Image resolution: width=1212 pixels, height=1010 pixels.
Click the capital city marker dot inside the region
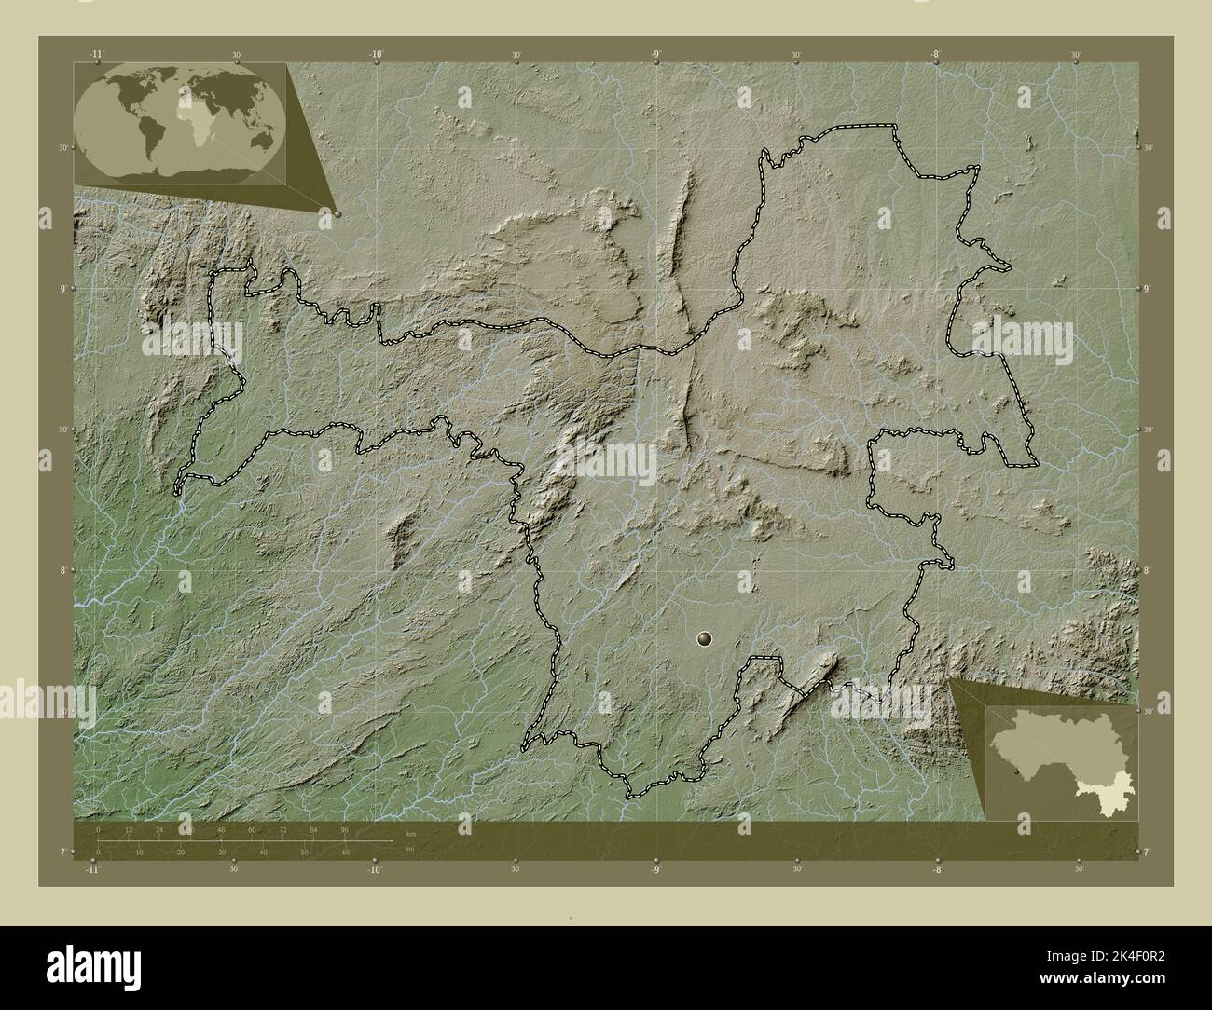point(704,638)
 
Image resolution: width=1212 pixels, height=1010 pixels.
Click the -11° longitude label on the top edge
point(96,55)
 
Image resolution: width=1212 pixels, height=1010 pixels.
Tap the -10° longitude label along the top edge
point(376,55)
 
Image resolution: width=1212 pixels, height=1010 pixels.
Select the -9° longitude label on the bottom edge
point(656,869)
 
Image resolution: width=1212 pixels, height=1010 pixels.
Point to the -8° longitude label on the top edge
point(935,55)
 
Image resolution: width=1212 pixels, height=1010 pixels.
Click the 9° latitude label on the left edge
point(62,288)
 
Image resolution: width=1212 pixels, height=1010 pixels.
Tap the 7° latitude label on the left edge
point(62,852)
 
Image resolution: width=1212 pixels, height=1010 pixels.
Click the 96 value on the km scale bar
point(344,829)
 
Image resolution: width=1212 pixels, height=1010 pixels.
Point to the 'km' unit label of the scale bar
point(411,834)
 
